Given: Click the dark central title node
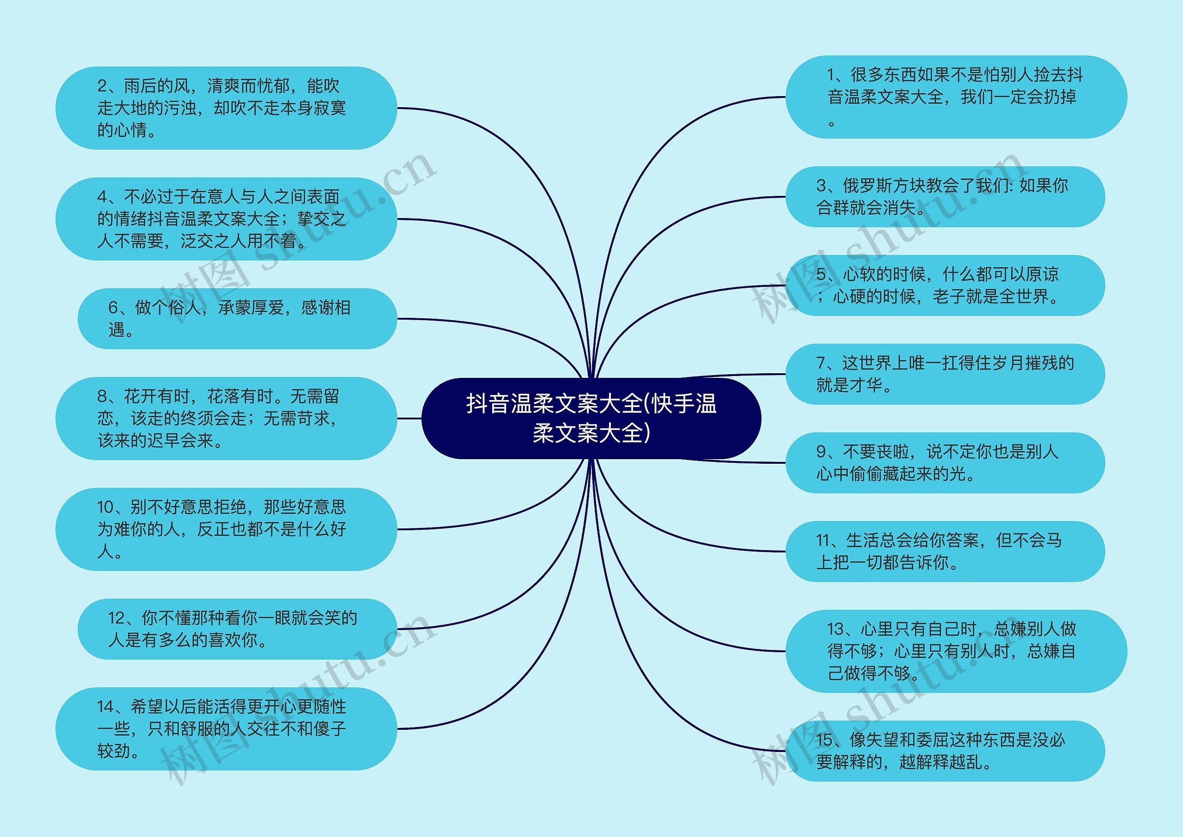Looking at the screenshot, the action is tap(591, 418).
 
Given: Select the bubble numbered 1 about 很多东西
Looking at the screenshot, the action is tap(956, 97).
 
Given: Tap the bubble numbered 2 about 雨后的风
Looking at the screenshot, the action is tap(226, 108).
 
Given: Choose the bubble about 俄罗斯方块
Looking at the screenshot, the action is tap(945, 196).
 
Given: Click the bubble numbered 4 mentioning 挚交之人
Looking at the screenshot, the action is tap(226, 218).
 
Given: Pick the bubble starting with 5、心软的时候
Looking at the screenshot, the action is tap(945, 285).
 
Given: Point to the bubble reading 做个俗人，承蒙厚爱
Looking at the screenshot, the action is tap(237, 319).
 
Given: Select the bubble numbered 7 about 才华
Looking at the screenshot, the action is tap(945, 374).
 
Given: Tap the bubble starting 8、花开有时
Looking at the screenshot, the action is tap(226, 418).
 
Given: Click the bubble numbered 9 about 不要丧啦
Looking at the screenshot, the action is tap(945, 462).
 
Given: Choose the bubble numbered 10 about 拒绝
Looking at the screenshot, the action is tap(226, 529).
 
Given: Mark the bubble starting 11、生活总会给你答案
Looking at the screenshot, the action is tap(945, 551).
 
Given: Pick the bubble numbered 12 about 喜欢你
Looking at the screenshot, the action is tap(237, 629).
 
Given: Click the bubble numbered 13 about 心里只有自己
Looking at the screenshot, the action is tap(956, 651).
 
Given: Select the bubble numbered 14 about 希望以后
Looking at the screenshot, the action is tap(226, 728).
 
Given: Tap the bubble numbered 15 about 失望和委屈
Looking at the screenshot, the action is tap(945, 751).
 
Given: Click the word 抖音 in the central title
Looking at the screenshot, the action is tap(488, 404).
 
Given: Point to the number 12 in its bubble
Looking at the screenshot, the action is tap(116, 618).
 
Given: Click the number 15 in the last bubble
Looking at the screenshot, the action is tap(824, 740).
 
